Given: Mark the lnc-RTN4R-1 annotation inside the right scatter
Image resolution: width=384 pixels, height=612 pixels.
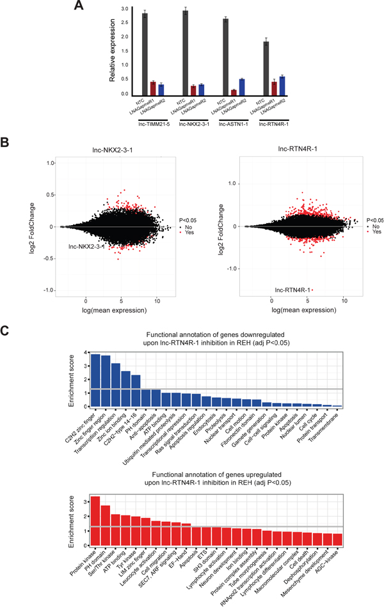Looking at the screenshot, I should tap(292, 289).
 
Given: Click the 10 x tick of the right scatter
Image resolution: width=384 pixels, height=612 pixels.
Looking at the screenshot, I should tap(344, 299).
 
